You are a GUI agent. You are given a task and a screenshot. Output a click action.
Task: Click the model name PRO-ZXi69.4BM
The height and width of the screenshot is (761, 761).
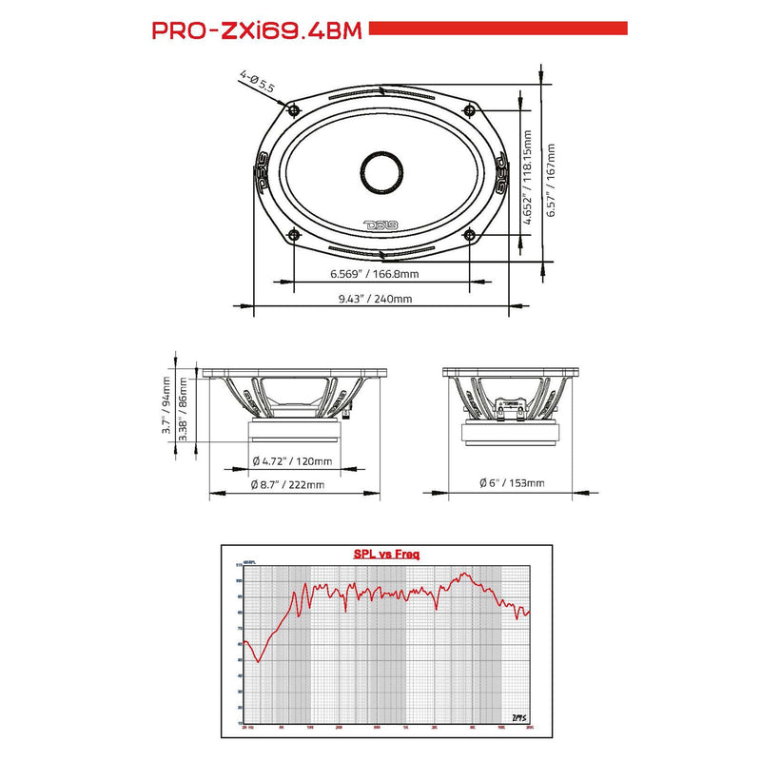pos(257,30)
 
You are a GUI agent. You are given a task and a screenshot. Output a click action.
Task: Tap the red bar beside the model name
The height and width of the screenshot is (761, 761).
pos(498,29)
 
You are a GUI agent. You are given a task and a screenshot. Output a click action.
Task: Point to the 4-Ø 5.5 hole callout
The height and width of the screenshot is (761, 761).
pos(257,81)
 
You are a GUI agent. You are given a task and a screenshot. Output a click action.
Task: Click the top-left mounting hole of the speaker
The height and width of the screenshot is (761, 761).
pos(292,111)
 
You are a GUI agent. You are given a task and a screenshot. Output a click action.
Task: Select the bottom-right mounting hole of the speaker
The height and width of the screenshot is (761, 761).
pos(468,233)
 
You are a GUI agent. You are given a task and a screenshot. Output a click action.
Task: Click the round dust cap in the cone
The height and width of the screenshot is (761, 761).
pos(380,172)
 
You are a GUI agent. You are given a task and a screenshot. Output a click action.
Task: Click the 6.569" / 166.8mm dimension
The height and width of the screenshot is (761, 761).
pos(375,274)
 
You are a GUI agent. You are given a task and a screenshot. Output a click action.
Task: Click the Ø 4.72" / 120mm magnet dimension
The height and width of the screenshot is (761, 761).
pos(292,461)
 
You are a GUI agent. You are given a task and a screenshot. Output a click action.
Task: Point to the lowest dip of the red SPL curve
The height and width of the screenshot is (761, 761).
pos(258,660)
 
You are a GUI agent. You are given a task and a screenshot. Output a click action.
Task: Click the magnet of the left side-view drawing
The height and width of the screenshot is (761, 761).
pos(296,432)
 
